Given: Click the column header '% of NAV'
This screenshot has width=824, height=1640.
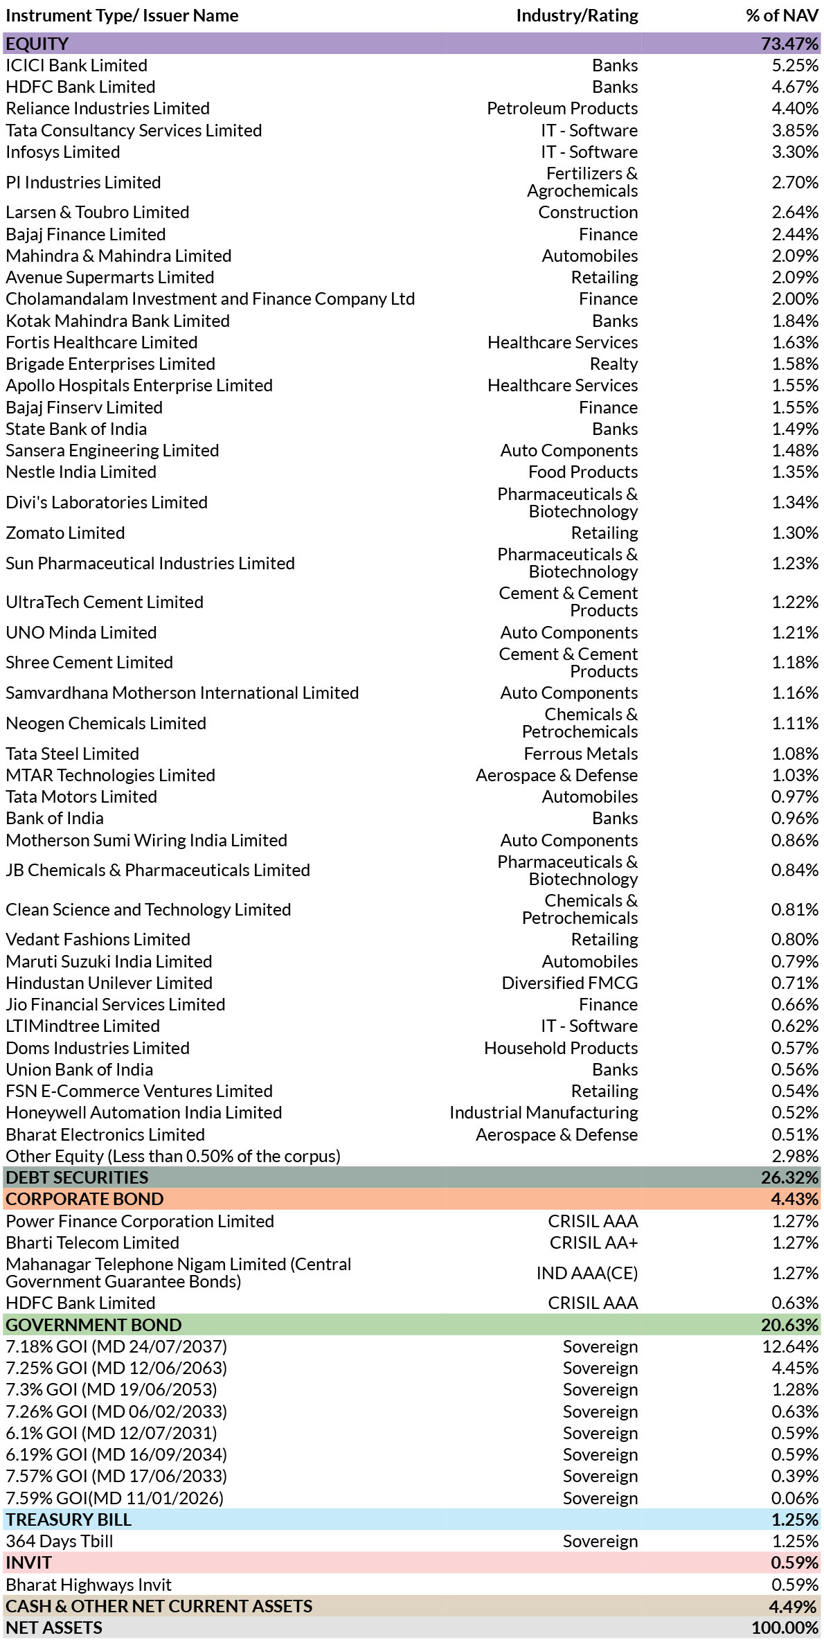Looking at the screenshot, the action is (x=782, y=16).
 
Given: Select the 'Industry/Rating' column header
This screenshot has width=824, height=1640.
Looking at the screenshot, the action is (x=577, y=16).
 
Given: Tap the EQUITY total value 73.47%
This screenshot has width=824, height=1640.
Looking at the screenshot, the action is (x=790, y=44).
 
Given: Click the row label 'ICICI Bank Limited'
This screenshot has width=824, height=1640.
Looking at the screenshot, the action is (x=77, y=65).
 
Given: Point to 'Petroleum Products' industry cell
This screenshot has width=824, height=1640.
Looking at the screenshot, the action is (x=562, y=108).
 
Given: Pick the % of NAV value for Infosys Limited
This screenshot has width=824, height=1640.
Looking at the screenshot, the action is (x=795, y=152).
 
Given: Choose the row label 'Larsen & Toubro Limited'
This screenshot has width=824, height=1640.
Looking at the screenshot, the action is (x=98, y=212).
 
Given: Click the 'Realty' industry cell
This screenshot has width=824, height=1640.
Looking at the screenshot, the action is (x=613, y=364).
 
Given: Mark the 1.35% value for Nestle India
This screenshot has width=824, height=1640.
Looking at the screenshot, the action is (x=795, y=472).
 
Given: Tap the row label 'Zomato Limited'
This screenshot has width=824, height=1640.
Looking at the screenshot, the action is (x=65, y=533).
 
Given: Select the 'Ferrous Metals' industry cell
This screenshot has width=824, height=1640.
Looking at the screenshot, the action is (x=580, y=754).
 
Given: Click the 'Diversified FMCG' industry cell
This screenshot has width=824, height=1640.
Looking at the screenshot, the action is (x=570, y=983).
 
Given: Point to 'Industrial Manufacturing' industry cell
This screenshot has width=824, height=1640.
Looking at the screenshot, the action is (x=544, y=1112).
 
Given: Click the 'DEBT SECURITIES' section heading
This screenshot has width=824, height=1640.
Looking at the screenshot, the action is (x=77, y=1177).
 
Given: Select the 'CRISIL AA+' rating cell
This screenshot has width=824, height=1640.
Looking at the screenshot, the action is (x=593, y=1242).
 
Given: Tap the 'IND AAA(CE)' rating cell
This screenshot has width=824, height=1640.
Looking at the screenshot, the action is (x=587, y=1273).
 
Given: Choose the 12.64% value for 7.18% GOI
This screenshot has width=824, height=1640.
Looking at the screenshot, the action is (x=790, y=1346).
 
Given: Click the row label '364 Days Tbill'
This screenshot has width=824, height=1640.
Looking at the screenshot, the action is (x=60, y=1541).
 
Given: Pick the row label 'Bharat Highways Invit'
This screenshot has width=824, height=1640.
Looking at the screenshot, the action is (x=89, y=1585).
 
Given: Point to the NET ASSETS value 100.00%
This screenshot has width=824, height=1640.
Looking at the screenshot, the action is (x=785, y=1628).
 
